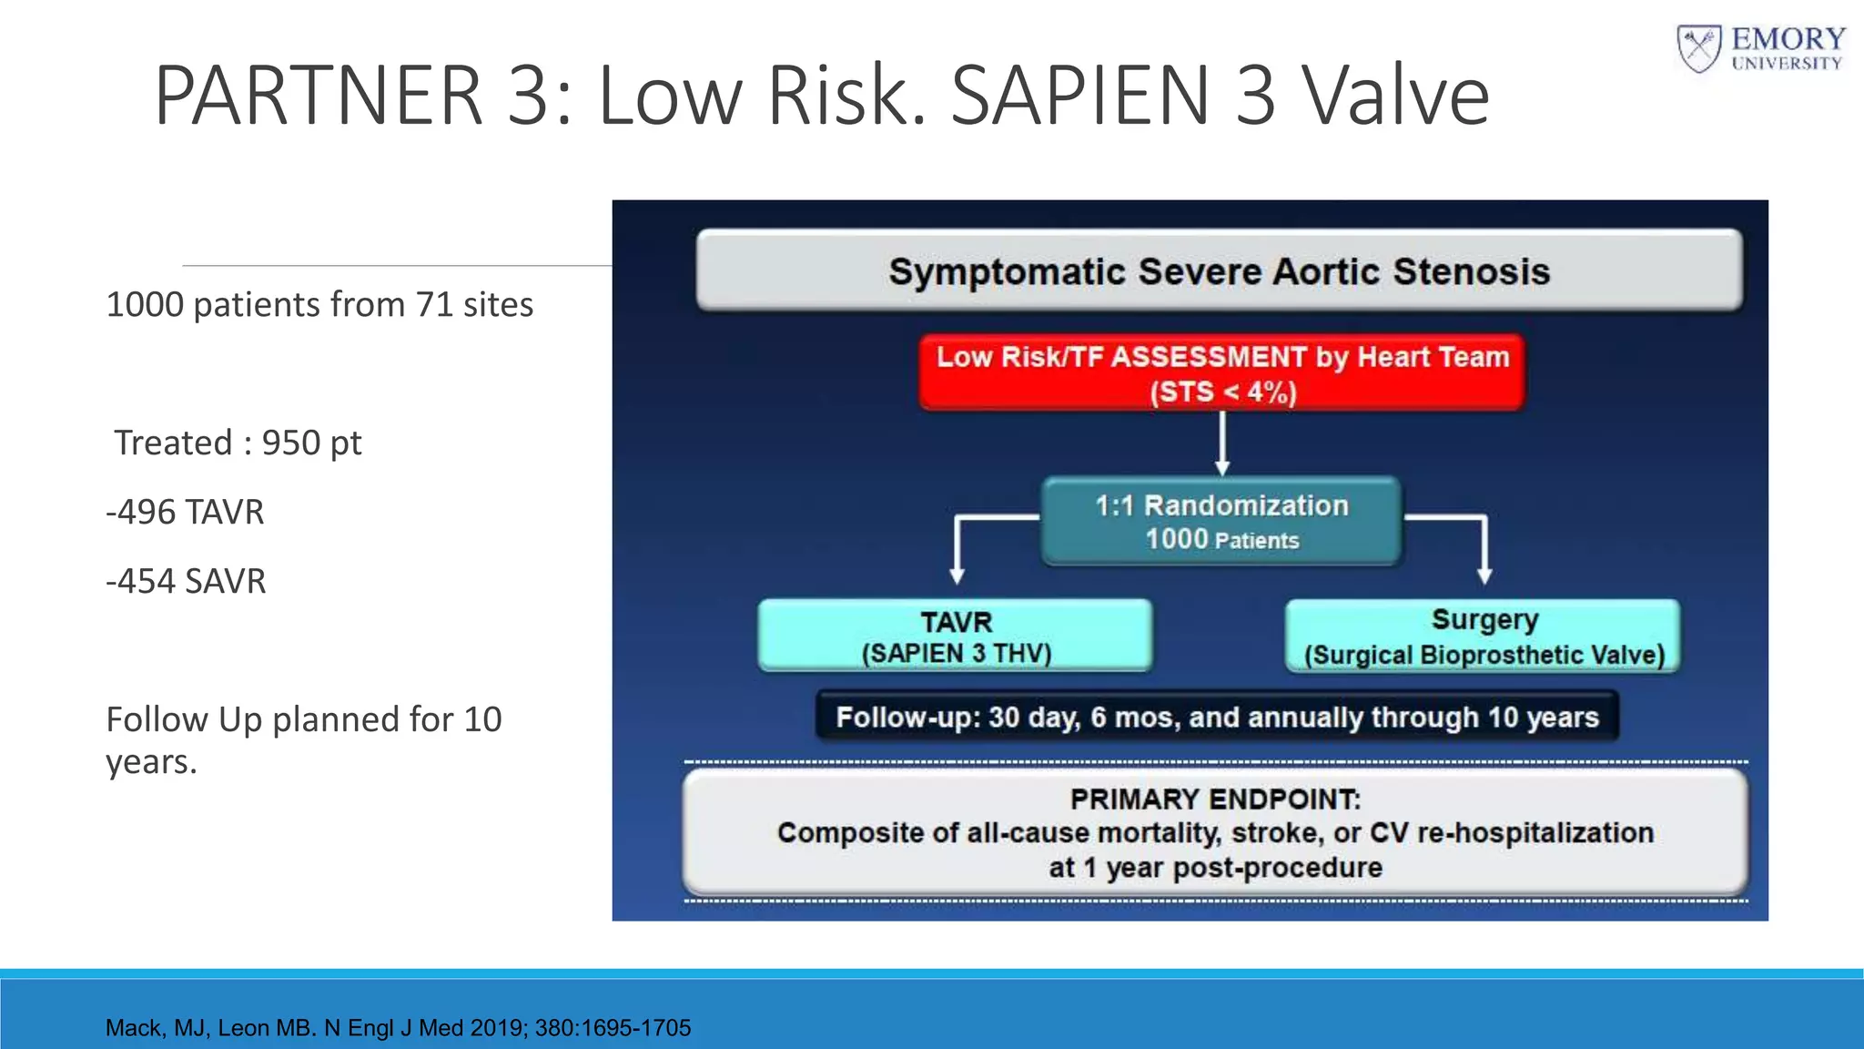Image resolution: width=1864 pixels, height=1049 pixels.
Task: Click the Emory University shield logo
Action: [1698, 49]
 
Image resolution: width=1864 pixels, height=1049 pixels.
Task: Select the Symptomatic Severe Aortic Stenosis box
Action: [1219, 271]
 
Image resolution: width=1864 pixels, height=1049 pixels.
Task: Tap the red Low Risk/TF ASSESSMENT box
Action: [1221, 372]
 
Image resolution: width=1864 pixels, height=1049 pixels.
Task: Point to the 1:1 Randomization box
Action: [1221, 521]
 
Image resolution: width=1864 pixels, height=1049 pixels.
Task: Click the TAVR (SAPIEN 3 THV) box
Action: [956, 637]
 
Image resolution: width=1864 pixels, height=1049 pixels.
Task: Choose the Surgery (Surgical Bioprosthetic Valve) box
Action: [1484, 637]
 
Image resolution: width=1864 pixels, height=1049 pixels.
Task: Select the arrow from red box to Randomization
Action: [1222, 444]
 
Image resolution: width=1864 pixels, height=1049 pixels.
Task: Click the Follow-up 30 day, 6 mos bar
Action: [1217, 718]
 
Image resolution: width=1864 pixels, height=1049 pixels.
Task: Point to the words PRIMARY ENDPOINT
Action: [1215, 799]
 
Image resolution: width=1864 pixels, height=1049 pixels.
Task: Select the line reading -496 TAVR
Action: [186, 513]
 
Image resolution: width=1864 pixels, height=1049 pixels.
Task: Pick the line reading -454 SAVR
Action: [187, 582]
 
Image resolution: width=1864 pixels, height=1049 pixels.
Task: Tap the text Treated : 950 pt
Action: [238, 443]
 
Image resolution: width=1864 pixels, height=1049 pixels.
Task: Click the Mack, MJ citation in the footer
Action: [398, 1028]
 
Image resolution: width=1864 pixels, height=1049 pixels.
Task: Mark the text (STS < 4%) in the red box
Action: [1222, 392]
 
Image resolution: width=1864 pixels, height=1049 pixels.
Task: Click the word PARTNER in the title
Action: [318, 96]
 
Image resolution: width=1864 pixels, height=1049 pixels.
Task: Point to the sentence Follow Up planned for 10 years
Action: [303, 739]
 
